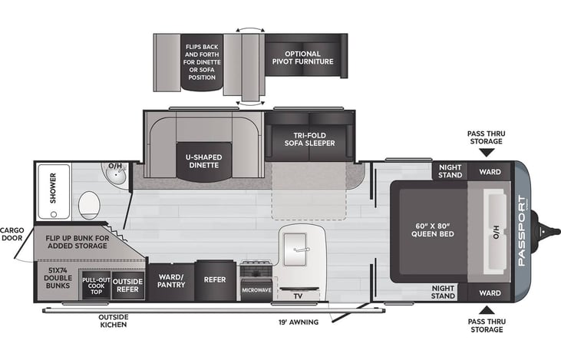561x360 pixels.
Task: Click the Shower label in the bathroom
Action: pos(53,188)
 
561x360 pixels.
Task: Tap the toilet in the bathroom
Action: pos(89,205)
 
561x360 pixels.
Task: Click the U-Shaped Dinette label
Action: pos(203,161)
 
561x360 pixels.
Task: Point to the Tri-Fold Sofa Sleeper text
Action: pos(310,139)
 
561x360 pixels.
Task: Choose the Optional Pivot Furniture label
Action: pos(302,58)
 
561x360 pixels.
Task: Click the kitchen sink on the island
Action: pos(295,249)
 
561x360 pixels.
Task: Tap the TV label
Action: pos(298,296)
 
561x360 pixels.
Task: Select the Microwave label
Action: pos(256,290)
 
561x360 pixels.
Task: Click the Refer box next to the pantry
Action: pos(215,280)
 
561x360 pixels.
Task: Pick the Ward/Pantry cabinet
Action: pos(171,282)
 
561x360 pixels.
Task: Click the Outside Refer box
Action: pos(127,286)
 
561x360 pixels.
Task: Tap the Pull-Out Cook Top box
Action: pos(96,286)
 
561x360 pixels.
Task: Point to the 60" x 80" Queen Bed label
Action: pos(433,230)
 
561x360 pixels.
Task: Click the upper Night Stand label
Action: pos(450,171)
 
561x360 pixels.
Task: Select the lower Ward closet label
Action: pos(490,293)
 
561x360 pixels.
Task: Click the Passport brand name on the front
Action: pos(522,231)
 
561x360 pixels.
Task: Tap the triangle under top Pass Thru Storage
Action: pos(487,153)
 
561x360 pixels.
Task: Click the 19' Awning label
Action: pos(299,322)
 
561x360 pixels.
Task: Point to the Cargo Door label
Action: pos(12,234)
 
